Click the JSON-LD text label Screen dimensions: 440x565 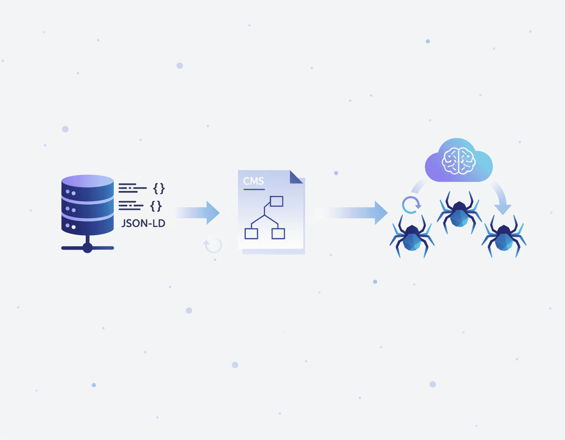[143, 224]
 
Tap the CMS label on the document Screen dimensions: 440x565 [254, 182]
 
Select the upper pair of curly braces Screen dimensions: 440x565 [159, 188]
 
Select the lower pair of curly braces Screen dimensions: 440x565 [156, 206]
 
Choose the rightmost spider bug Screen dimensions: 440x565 [504, 237]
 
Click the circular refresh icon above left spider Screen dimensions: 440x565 [411, 205]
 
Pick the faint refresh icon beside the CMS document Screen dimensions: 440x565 [213, 245]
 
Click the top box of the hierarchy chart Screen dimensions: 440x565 [277, 201]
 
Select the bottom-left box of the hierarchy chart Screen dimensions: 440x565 [251, 233]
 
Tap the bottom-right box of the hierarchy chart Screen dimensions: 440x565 [278, 233]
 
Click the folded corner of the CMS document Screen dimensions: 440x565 [296, 177]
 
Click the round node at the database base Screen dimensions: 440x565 [87, 248]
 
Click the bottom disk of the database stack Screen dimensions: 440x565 [87, 225]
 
